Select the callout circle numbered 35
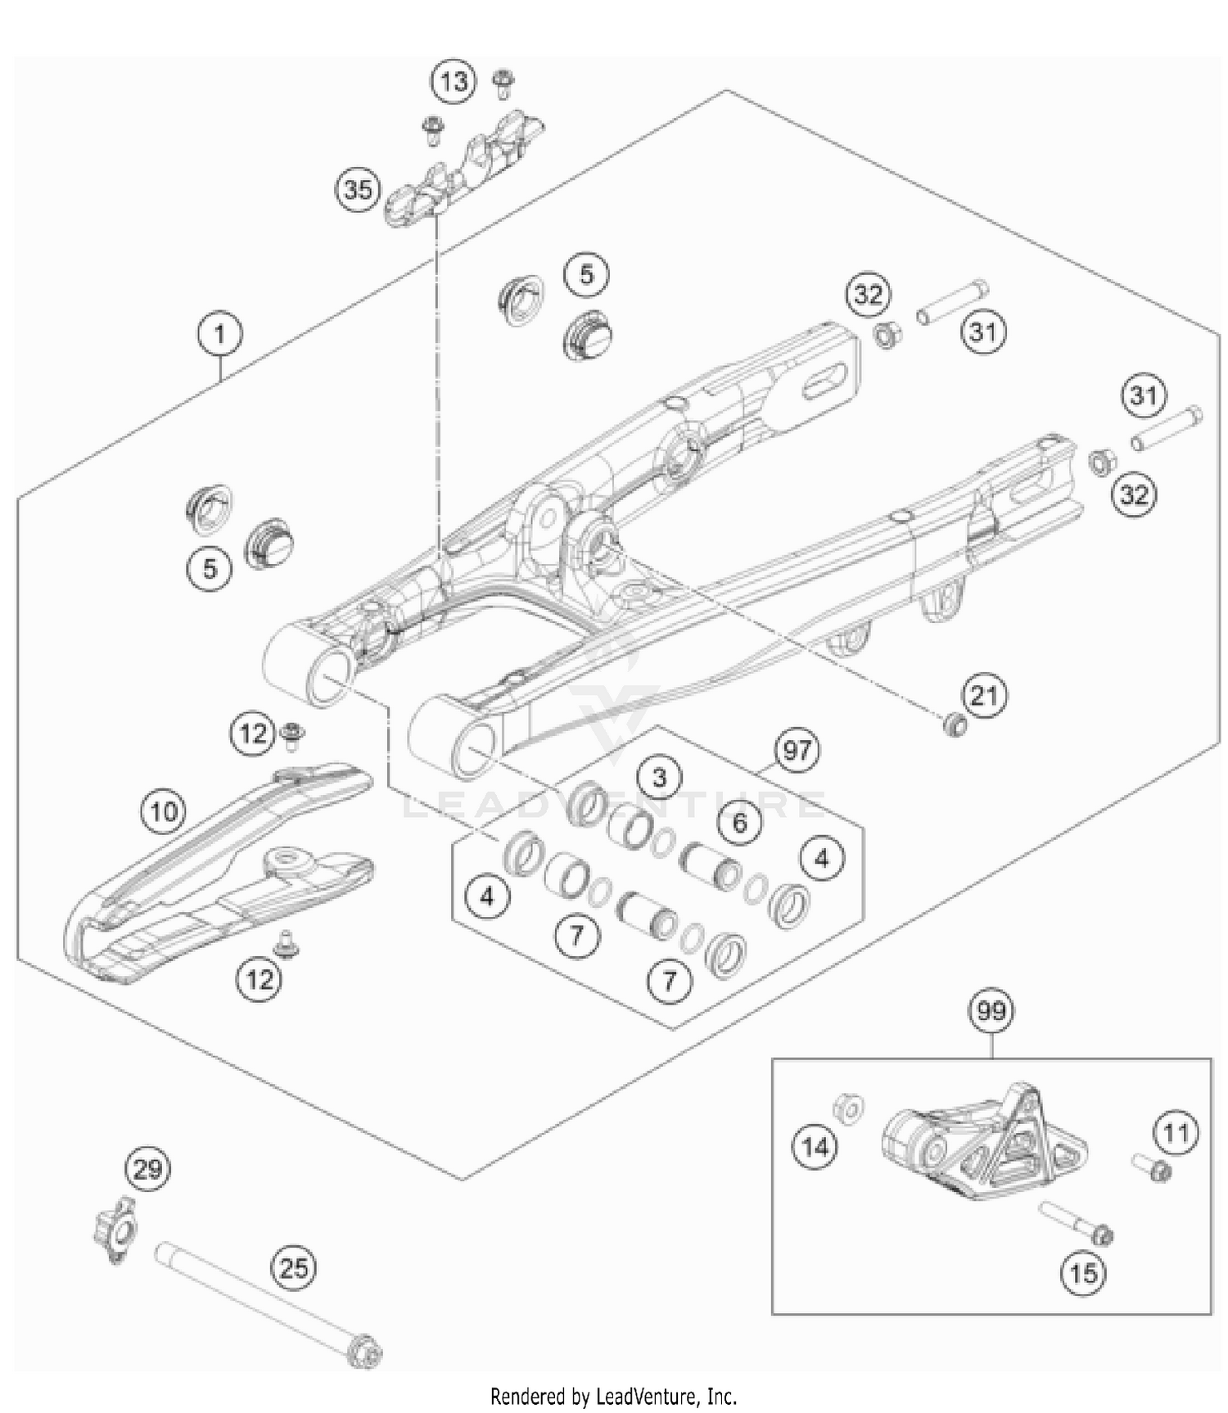(358, 190)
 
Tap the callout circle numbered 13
(454, 81)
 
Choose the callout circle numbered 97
(797, 750)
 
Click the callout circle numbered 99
(991, 1011)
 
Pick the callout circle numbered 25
(294, 1268)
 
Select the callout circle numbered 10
(164, 811)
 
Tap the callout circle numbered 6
(740, 821)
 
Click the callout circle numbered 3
(660, 776)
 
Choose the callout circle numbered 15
(1083, 1272)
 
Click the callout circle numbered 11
(1176, 1134)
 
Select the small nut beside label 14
(848, 1109)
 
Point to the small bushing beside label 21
(953, 725)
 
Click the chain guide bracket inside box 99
(970, 1146)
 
